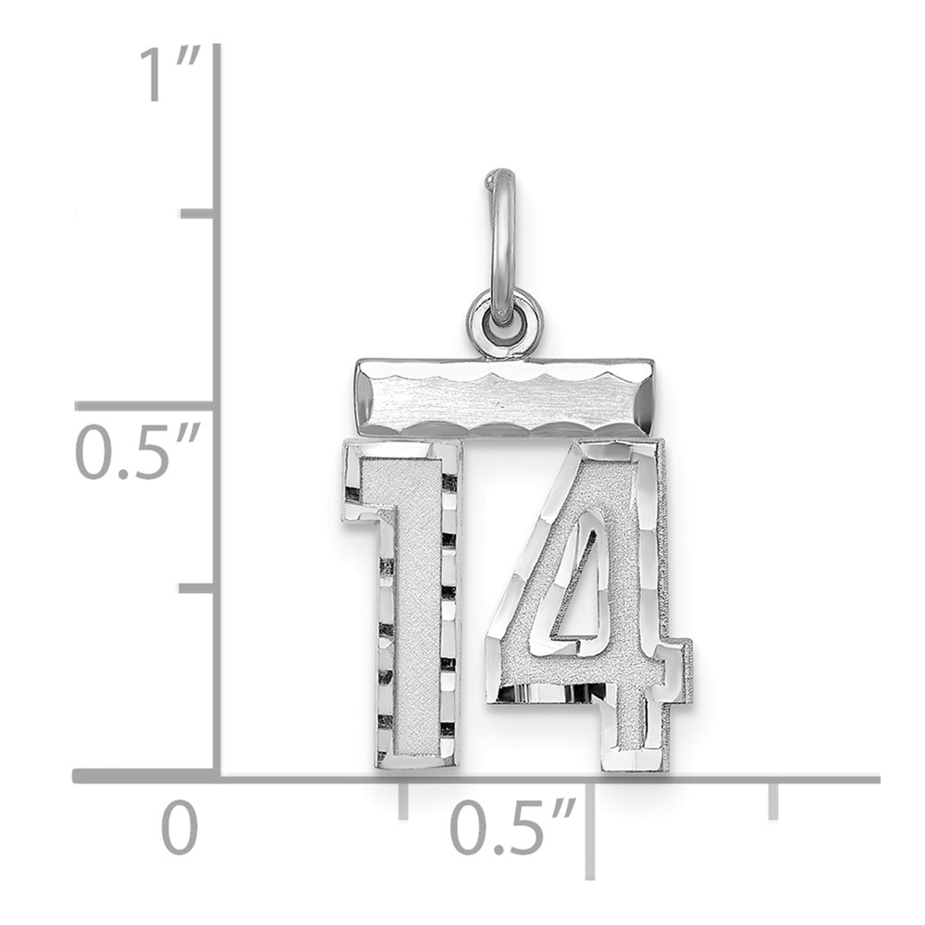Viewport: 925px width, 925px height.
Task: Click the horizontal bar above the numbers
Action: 504,397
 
